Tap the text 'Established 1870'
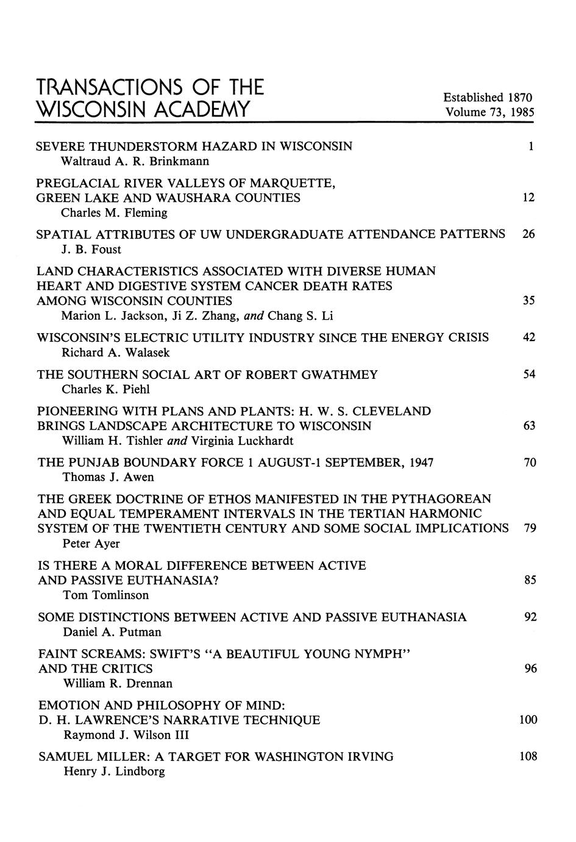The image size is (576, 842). pos(488,98)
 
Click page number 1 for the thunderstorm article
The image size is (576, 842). pos(531,146)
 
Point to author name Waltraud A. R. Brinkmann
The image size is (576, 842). pos(135,162)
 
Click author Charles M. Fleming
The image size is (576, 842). pos(114,213)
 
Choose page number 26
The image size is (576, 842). pos(528,234)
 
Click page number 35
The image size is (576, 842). pos(528,301)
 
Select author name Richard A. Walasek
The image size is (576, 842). pos(116,353)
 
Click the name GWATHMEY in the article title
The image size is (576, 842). pos(338,375)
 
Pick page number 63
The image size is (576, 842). pos(529,426)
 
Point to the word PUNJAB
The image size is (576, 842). pos(93,462)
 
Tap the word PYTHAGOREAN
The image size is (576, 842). pos(443,498)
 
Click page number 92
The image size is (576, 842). pos(530,617)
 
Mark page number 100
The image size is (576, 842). pos(528,720)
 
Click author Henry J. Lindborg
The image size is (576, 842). pos(114,772)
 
